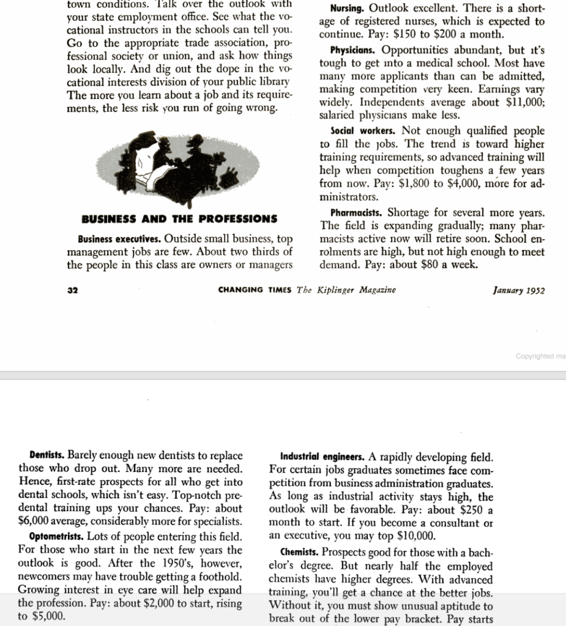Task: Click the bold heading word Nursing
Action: click(347, 10)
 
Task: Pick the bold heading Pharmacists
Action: click(357, 213)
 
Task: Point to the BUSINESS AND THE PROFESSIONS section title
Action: click(179, 219)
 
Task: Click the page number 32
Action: click(72, 290)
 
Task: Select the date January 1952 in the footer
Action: click(518, 290)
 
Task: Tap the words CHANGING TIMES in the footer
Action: click(256, 290)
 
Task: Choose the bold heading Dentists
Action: click(47, 455)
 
